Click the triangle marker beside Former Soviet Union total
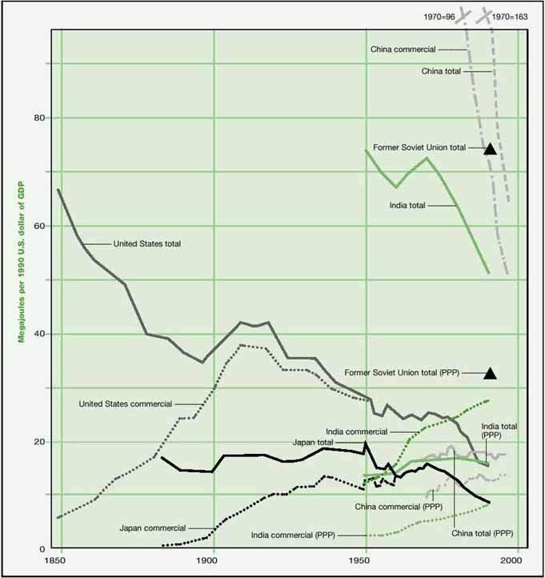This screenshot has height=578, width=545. coord(491,149)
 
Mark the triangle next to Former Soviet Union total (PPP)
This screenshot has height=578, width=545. coord(491,373)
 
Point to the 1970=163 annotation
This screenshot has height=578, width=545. coord(510,16)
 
